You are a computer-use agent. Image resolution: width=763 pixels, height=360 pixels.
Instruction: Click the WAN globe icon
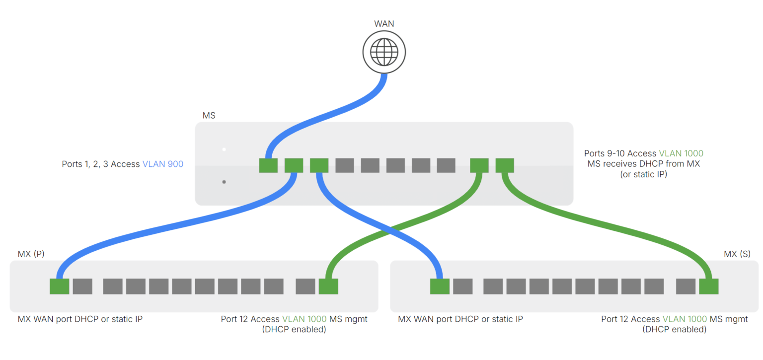coord(383,51)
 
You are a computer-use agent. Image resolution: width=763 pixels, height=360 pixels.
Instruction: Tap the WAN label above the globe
coord(383,23)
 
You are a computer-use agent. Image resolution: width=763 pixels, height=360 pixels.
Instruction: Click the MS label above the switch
coord(209,116)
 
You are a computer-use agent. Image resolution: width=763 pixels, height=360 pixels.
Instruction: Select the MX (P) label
coord(31,254)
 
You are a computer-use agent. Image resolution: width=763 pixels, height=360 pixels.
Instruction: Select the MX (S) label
coord(737,254)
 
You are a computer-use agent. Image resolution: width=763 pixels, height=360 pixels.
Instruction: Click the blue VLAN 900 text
coord(163,164)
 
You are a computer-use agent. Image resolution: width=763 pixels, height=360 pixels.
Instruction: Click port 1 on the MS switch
coord(268,165)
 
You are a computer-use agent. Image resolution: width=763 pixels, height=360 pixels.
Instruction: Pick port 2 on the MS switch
coord(294,165)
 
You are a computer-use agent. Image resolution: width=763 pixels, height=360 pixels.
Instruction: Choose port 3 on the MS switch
coord(319,165)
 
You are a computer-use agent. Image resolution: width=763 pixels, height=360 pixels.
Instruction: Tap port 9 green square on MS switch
coord(479,165)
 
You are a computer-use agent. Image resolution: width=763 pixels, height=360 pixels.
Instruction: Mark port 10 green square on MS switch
coord(505,165)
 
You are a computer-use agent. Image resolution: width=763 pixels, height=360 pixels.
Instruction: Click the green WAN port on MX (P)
coord(60,287)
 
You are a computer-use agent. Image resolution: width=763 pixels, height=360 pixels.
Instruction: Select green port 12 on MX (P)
coord(328,287)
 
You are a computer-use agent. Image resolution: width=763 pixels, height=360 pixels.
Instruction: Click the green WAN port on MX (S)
coord(440,287)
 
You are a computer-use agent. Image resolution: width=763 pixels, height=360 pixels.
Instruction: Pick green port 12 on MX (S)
coord(708,287)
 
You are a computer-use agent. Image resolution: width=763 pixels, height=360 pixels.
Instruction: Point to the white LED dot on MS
coord(224,149)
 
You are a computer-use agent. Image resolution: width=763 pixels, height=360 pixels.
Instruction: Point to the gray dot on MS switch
coord(224,182)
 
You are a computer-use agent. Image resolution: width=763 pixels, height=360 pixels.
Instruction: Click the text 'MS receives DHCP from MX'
coord(643,164)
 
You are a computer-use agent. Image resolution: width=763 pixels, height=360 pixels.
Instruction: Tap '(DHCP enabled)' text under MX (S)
coord(674,329)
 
